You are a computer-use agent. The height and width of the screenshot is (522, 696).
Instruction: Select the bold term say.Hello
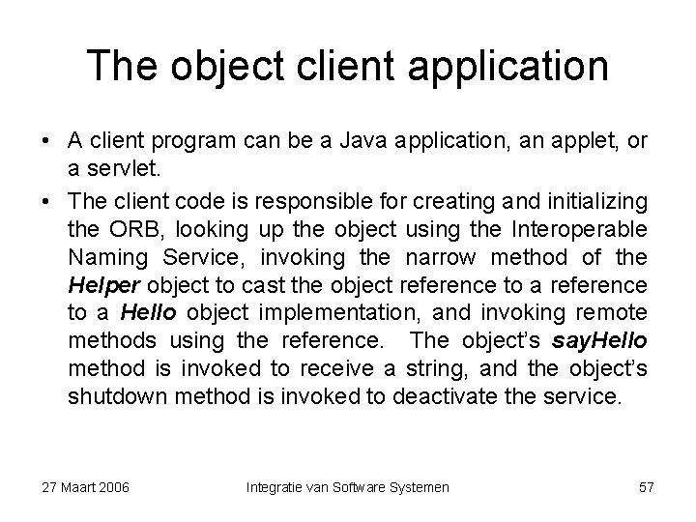tap(600, 342)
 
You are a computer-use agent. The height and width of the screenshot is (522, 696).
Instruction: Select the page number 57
tap(646, 487)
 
